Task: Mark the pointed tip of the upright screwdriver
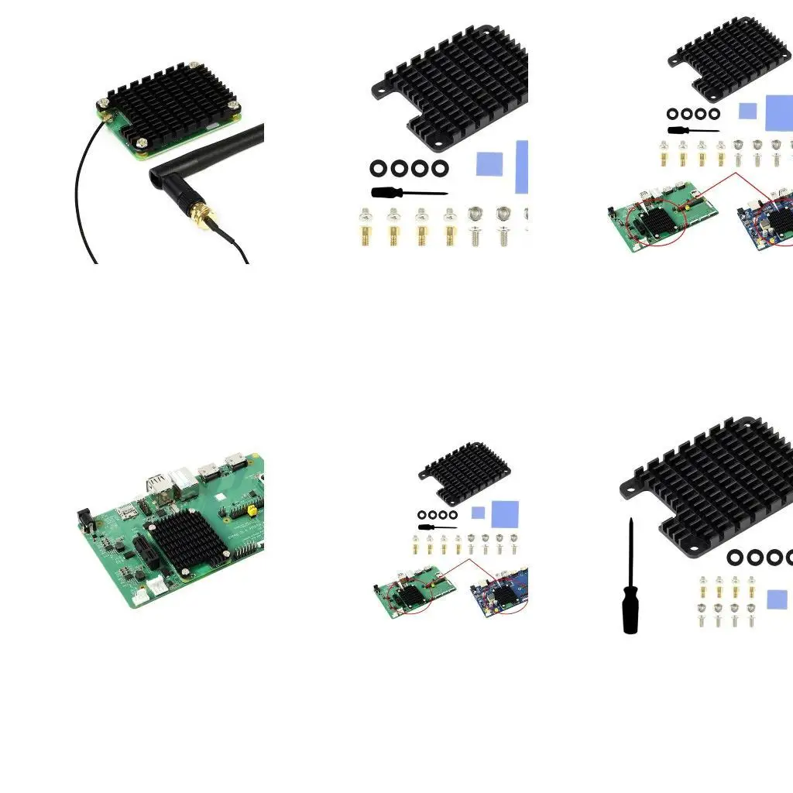tap(631, 521)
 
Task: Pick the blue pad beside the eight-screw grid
tap(777, 599)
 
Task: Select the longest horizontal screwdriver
tap(408, 192)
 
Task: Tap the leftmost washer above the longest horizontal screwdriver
tap(379, 168)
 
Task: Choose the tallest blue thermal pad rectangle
tap(521, 166)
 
